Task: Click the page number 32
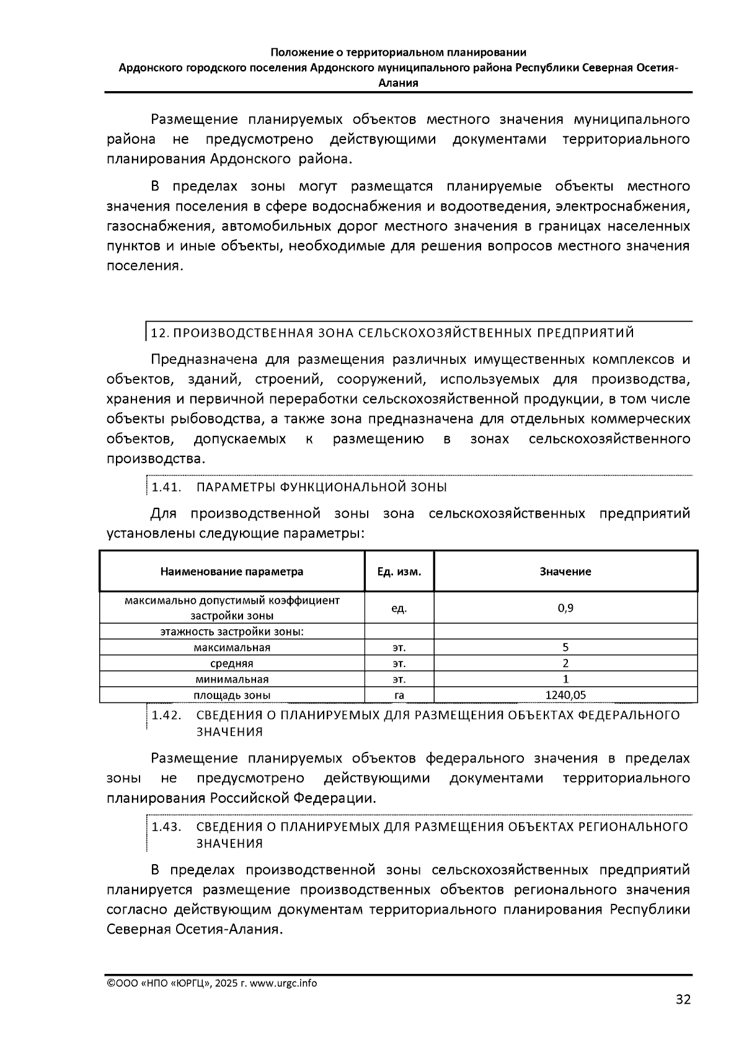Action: (683, 999)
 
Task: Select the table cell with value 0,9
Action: (565, 608)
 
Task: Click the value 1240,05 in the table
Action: (565, 695)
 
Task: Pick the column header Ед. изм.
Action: (399, 572)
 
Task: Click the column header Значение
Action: (565, 572)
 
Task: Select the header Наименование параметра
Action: (232, 572)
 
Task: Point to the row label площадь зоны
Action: (232, 695)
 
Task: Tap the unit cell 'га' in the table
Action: (399, 695)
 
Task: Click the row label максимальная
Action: (232, 647)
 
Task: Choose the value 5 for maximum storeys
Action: (565, 647)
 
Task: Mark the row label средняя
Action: (232, 663)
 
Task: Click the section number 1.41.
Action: (166, 487)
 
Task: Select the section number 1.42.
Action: (166, 715)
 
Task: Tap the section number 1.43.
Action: (166, 827)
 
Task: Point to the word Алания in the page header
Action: (398, 82)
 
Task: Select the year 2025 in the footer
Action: (228, 983)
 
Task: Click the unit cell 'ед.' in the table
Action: (399, 608)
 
